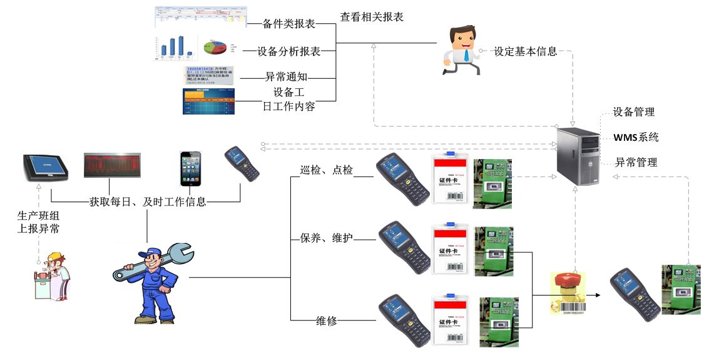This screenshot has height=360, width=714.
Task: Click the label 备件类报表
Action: pos(288,24)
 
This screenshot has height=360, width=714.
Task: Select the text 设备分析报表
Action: pos(290,52)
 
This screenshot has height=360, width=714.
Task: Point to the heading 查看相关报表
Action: pos(372,17)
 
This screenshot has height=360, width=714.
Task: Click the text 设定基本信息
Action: pos(525,52)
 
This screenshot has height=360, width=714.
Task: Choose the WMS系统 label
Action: pos(636,137)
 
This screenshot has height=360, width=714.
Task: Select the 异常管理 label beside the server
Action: pos(636,162)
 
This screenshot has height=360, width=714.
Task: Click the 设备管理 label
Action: pos(633,112)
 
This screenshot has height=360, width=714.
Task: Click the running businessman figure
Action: pos(462,49)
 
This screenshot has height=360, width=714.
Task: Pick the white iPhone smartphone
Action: pos(190,168)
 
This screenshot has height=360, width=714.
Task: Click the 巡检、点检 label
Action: pos(326,170)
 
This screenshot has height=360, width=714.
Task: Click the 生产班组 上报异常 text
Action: pos(38,222)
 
